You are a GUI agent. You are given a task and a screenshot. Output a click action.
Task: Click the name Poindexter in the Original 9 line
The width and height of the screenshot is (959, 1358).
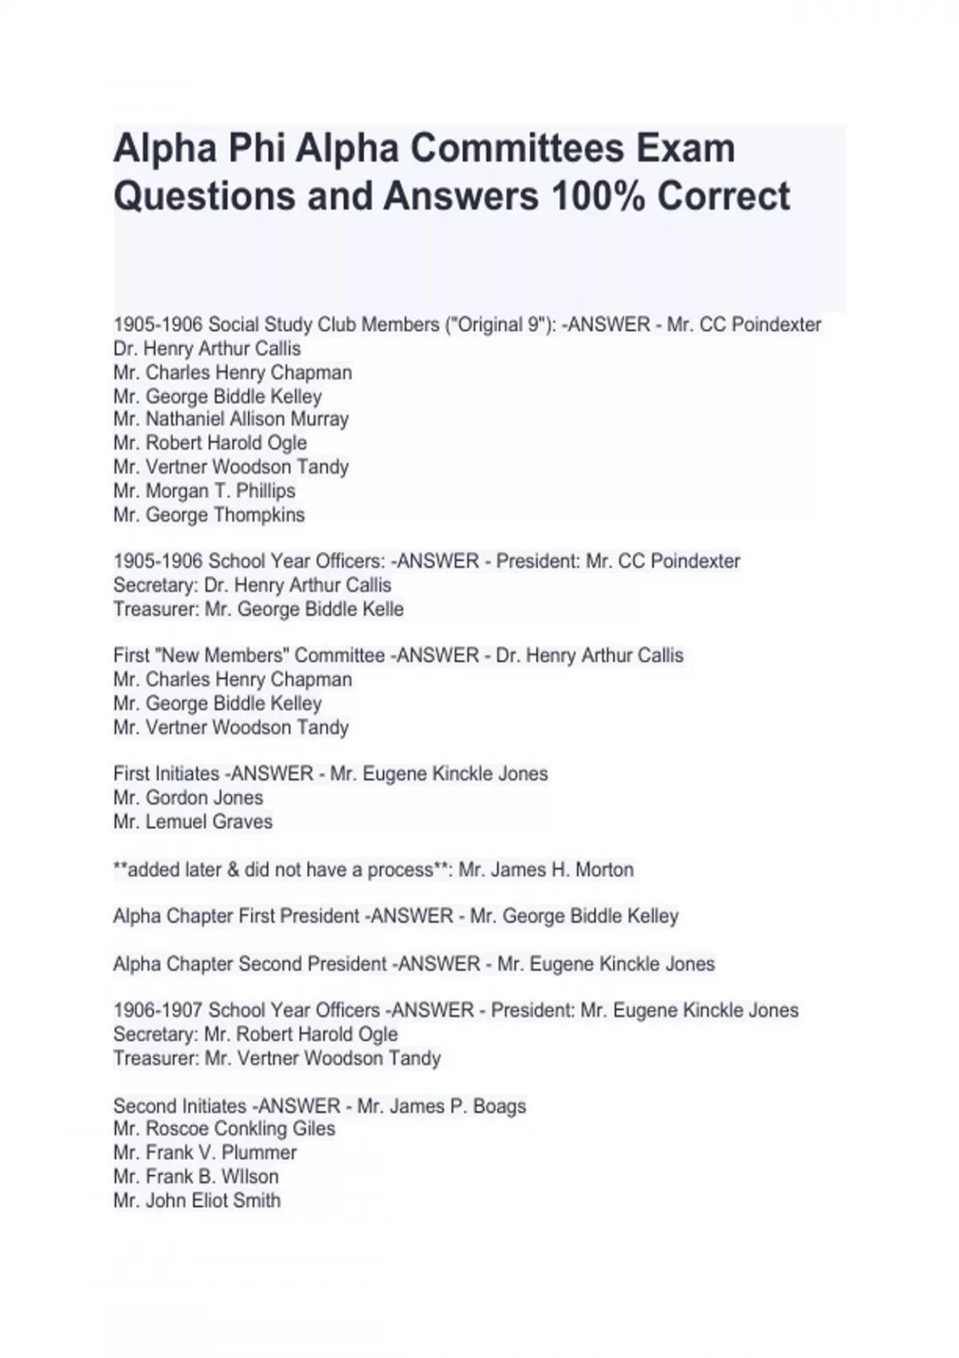click(776, 325)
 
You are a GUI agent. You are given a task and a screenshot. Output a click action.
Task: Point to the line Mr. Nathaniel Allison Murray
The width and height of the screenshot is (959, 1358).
click(231, 419)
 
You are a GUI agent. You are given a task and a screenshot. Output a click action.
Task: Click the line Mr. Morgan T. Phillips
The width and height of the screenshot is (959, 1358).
click(205, 490)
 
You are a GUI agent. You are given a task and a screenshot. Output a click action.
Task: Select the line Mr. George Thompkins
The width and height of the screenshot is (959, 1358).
click(209, 514)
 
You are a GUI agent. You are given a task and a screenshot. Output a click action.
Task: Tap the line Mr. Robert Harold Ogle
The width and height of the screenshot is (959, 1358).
click(210, 443)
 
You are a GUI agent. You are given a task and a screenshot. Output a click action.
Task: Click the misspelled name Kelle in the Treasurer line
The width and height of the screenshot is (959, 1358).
click(382, 610)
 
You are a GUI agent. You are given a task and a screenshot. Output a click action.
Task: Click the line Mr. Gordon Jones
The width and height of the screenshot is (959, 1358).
click(189, 797)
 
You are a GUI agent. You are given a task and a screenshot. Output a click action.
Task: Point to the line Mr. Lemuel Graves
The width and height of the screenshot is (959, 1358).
click(193, 821)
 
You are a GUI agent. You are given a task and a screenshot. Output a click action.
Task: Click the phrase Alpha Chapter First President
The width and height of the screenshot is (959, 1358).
click(237, 916)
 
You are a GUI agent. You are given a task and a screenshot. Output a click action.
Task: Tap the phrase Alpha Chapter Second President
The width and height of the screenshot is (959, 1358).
click(250, 964)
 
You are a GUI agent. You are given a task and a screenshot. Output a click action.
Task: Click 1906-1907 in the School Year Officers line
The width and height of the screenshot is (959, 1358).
click(158, 1011)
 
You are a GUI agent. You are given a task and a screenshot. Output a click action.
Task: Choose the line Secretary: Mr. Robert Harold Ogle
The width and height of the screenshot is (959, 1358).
click(256, 1034)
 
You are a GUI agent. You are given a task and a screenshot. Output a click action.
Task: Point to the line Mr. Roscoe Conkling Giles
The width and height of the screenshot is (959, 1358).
click(225, 1129)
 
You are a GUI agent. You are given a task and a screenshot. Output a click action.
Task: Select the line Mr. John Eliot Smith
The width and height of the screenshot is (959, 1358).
click(197, 1201)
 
